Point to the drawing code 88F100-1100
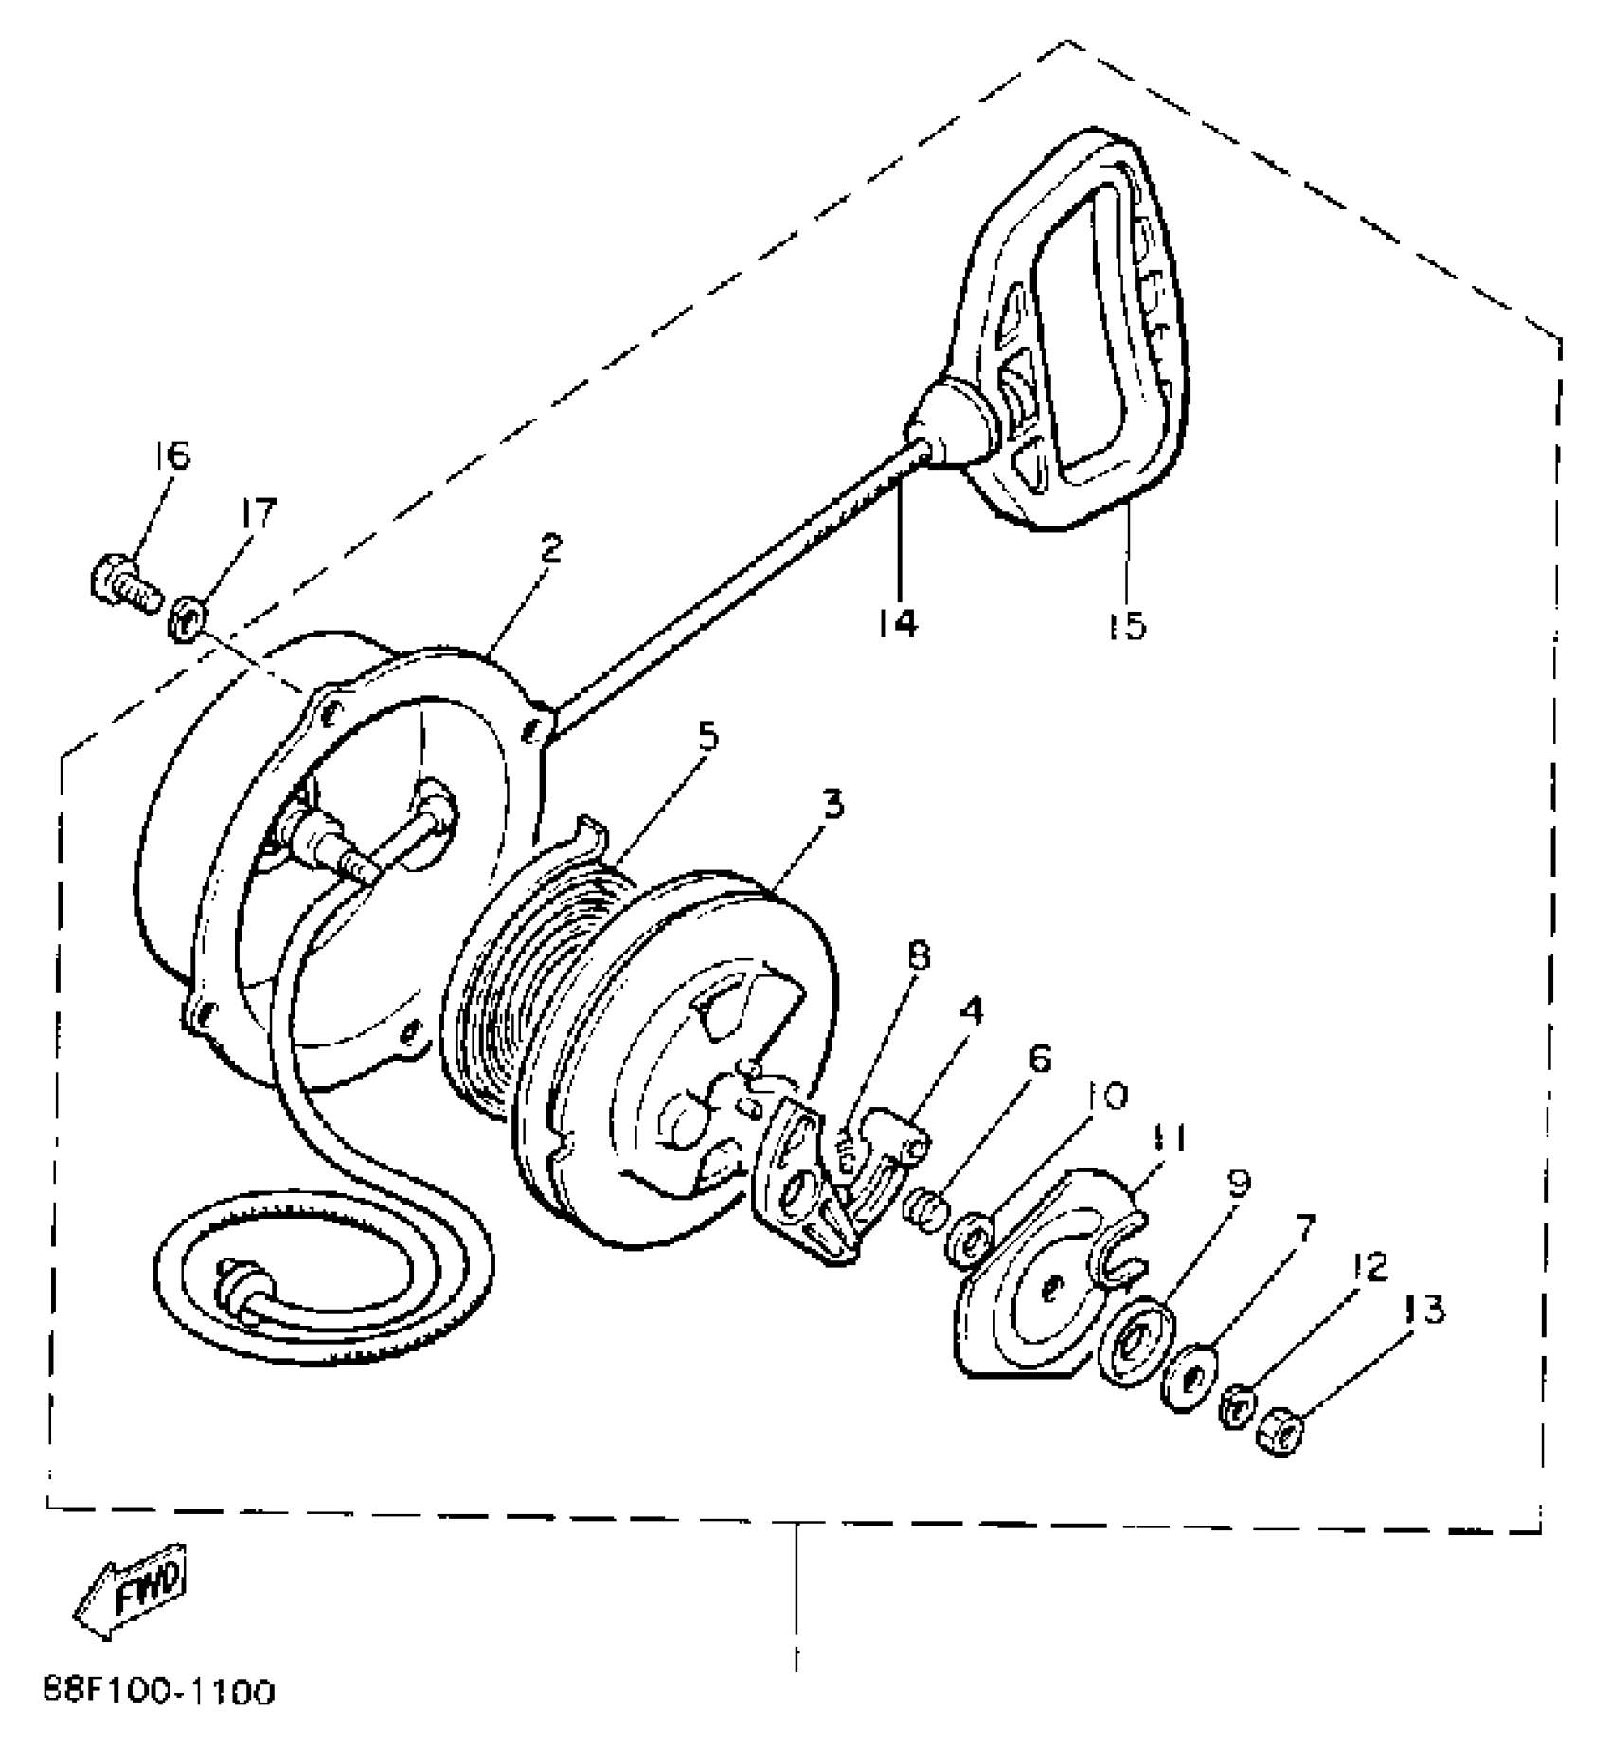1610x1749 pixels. pos(159,1691)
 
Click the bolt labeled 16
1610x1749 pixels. pos(123,580)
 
